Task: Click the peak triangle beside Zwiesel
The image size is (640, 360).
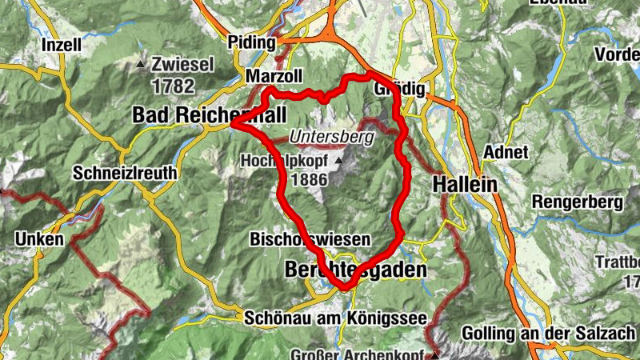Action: (142, 64)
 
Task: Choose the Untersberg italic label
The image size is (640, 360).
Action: (331, 137)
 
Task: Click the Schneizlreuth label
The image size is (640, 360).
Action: (124, 173)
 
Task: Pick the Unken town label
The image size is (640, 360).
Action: (38, 238)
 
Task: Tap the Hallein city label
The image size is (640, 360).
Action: (464, 184)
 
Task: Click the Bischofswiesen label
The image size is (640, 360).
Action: (310, 239)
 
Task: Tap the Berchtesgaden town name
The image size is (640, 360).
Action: (356, 271)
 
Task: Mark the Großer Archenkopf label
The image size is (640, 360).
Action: (364, 354)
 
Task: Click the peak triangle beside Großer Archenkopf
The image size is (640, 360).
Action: (436, 354)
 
